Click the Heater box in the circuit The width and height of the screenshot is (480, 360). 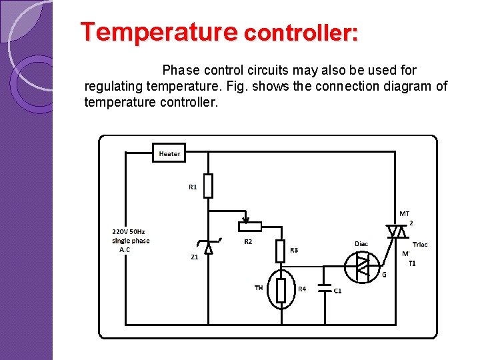click(169, 153)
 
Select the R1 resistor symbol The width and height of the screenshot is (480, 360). click(208, 186)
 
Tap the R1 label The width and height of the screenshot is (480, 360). click(193, 187)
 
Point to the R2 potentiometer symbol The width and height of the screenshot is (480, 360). click(250, 225)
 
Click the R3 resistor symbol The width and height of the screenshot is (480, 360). click(281, 251)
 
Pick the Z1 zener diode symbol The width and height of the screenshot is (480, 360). click(209, 247)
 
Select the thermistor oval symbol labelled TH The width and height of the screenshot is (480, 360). click(281, 289)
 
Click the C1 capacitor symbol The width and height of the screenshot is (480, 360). click(325, 289)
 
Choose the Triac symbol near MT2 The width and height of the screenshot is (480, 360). click(397, 231)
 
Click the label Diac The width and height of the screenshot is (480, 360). click(361, 244)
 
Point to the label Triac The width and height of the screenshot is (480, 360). click(420, 245)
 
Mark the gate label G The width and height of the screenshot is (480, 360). click(384, 275)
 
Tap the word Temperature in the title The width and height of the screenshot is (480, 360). click(159, 32)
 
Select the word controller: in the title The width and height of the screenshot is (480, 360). click(301, 33)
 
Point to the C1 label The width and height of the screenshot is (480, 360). click(338, 291)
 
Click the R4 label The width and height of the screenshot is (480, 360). click(301, 289)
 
